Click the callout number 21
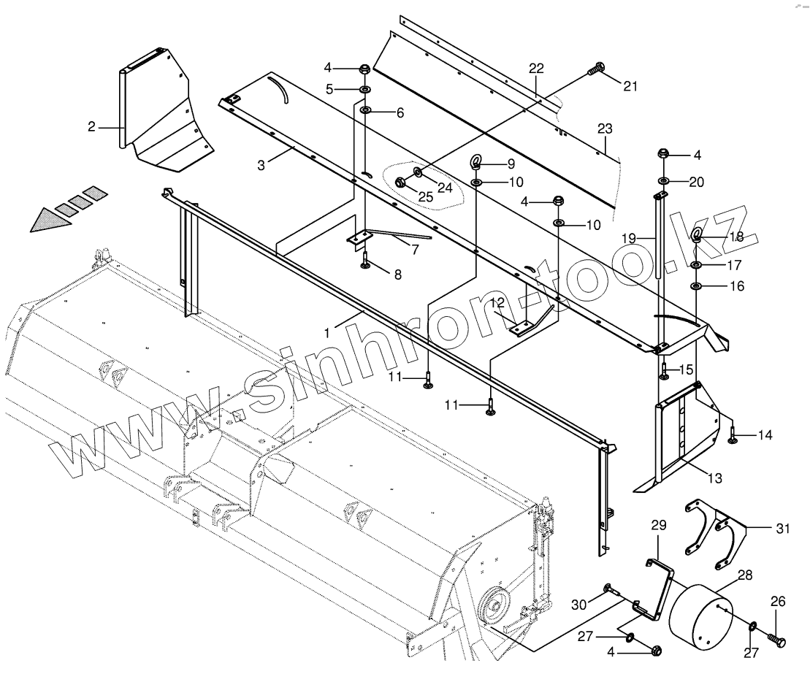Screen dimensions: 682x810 click(x=630, y=86)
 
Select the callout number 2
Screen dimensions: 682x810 click(x=91, y=127)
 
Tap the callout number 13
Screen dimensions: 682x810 click(x=714, y=478)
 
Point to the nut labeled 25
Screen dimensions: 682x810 click(x=401, y=183)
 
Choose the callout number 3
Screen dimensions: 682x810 click(x=261, y=166)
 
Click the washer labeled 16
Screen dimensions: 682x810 click(x=696, y=286)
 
